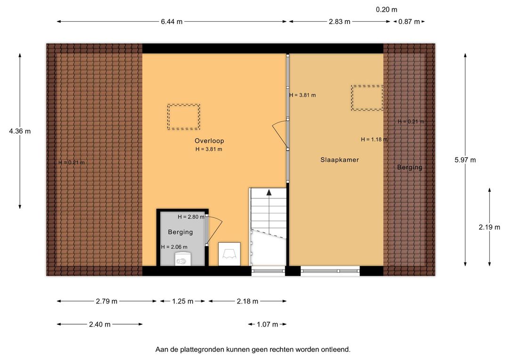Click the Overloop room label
(x=209, y=141)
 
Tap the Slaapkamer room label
(x=339, y=160)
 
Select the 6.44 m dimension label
(x=172, y=22)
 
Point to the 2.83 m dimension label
(x=339, y=22)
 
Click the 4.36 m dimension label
(x=20, y=131)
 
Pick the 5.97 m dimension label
(x=465, y=160)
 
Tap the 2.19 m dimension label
(x=489, y=227)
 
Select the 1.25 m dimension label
(x=183, y=301)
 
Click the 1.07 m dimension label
(x=268, y=324)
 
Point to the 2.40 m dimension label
(x=99, y=324)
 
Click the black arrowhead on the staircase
(x=269, y=193)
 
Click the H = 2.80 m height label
(x=191, y=217)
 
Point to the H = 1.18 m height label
(x=374, y=139)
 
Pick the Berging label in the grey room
(x=181, y=232)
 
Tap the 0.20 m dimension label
(x=386, y=10)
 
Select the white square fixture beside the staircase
(x=229, y=254)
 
